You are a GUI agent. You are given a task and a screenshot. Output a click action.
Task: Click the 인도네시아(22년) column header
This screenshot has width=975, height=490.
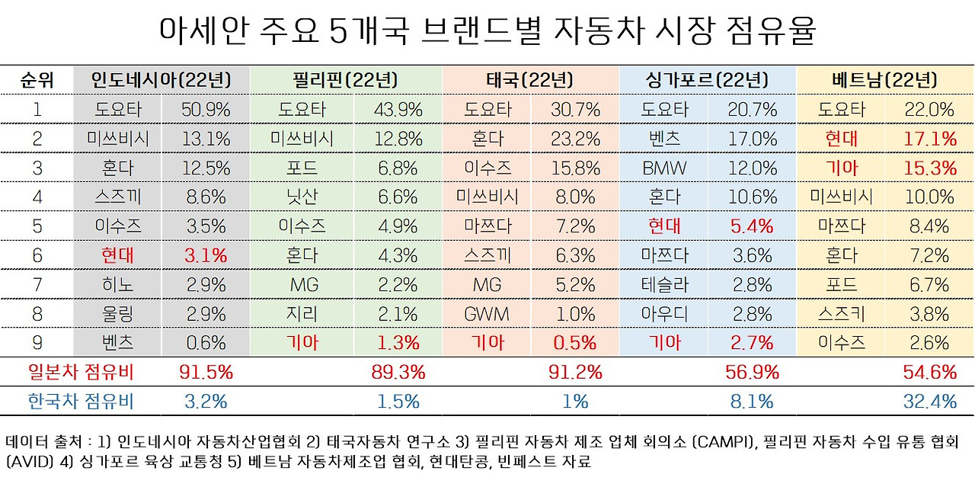coord(161,79)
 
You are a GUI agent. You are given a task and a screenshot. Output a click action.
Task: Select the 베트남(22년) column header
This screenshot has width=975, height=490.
coord(885,79)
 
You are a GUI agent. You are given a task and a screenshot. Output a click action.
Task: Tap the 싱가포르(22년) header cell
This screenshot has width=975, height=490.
coord(708,79)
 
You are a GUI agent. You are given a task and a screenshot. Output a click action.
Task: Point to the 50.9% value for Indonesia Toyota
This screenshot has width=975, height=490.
coord(206,109)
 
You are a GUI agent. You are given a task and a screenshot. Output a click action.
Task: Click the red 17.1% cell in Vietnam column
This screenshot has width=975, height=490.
coord(929,139)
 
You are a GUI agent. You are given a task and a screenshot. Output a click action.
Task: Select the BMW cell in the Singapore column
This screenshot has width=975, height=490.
coord(665,168)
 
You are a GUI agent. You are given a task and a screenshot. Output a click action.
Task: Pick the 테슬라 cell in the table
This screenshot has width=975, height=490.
coord(665,285)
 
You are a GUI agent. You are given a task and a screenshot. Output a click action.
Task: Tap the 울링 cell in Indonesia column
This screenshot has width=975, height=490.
coord(118,314)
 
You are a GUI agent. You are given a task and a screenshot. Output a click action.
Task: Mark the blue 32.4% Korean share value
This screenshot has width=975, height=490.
coord(929,401)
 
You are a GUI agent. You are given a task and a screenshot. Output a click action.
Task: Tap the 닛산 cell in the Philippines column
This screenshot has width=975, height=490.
coord(302,197)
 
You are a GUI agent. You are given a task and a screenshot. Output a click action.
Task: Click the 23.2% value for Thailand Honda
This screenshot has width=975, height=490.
coord(576,139)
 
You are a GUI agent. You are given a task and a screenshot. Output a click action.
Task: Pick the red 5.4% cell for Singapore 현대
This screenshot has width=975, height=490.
coord(752,226)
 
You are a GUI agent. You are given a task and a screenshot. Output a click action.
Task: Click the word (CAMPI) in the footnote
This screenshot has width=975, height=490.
coord(764,442)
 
